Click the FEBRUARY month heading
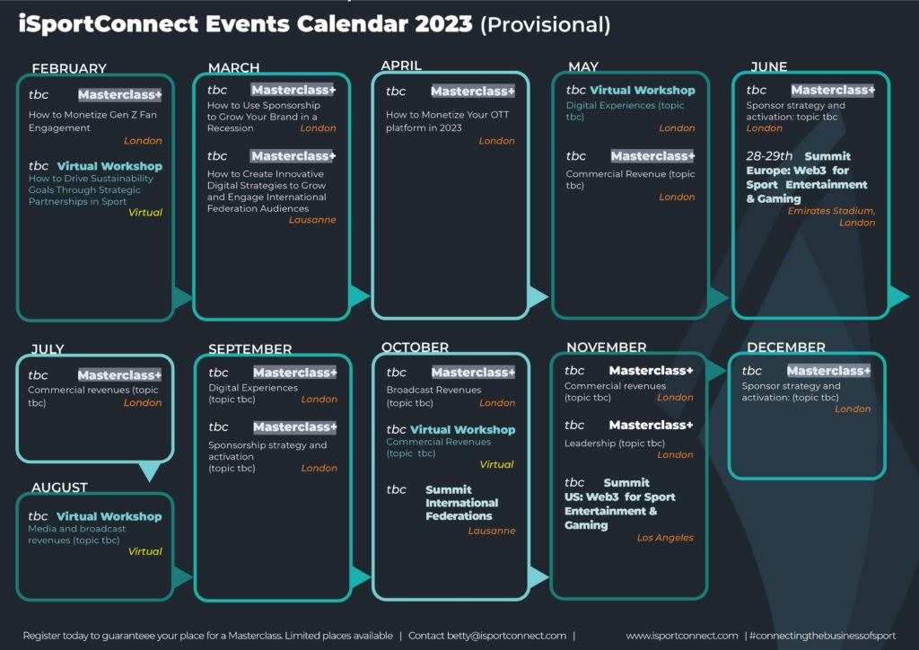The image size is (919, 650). (x=69, y=68)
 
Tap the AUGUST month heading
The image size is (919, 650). (x=60, y=487)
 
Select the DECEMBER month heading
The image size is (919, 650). (x=786, y=347)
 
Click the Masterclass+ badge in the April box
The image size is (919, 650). (x=472, y=91)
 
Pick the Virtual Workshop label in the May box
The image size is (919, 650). (x=643, y=91)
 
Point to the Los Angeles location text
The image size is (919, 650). (x=665, y=538)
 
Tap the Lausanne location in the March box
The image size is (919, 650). (x=312, y=220)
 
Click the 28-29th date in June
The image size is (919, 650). (x=769, y=156)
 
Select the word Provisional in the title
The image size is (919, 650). (x=545, y=24)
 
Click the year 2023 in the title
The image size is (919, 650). (x=443, y=23)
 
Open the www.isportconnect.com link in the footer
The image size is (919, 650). (x=682, y=636)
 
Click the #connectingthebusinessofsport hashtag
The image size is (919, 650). (x=822, y=636)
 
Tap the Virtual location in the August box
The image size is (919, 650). (x=144, y=551)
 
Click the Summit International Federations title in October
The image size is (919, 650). (x=462, y=503)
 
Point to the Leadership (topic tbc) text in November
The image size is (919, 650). (x=615, y=444)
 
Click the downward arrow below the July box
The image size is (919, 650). (x=150, y=471)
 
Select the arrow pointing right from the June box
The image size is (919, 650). (x=897, y=296)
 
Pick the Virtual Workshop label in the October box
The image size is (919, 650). (x=462, y=430)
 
